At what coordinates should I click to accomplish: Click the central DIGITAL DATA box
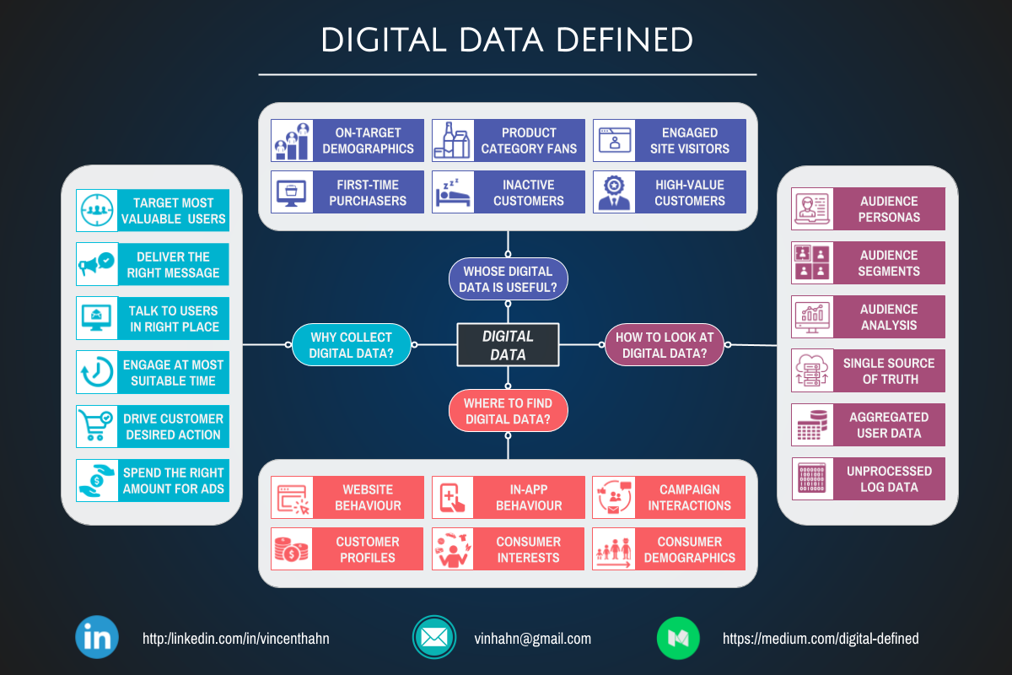coord(508,344)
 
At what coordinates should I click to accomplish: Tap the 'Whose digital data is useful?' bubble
coord(508,279)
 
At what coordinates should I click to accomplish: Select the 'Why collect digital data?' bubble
coord(351,345)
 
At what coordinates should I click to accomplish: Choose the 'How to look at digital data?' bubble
coord(665,345)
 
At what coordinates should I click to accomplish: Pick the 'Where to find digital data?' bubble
coord(508,411)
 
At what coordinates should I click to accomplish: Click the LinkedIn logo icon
coord(97,638)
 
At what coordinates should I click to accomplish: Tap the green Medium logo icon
coord(678,638)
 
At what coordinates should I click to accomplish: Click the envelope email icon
coord(434,638)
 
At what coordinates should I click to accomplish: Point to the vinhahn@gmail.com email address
coord(532,639)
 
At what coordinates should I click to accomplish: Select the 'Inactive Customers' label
coord(529,192)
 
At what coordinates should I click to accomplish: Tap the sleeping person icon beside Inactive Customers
coord(453,192)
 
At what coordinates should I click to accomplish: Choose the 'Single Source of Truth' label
coord(889,371)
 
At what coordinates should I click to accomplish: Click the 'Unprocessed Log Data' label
coord(889,479)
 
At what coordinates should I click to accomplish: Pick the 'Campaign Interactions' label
coord(689,497)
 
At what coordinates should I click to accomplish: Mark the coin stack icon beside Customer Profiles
coord(292,549)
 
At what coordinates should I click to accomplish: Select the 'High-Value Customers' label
coord(690,192)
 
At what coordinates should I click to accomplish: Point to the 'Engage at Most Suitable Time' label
coord(174,372)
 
